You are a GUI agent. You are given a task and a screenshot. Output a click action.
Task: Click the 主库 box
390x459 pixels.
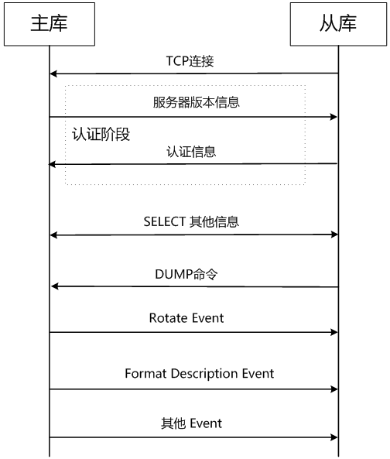(50, 24)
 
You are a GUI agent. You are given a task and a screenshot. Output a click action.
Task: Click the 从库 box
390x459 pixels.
(338, 24)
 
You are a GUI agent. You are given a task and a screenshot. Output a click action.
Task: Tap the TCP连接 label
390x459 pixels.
(190, 61)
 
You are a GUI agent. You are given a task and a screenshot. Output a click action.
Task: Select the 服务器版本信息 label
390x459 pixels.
(196, 102)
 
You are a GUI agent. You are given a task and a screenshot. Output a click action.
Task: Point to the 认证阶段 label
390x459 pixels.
(101, 135)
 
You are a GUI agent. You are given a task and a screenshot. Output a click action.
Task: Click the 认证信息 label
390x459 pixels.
(191, 152)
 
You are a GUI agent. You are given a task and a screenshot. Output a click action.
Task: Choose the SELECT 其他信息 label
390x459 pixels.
(191, 222)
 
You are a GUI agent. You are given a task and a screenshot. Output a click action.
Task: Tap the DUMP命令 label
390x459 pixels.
(186, 274)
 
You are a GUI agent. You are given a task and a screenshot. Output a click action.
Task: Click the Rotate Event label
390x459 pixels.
(186, 318)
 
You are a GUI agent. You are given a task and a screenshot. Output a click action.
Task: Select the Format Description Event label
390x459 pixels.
(199, 374)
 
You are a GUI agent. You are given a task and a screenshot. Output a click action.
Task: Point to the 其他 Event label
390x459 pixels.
(191, 423)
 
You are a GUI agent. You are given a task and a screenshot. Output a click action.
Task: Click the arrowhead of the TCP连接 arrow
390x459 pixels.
(53, 74)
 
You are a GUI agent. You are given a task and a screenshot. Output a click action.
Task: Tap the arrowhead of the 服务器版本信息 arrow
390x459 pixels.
(334, 117)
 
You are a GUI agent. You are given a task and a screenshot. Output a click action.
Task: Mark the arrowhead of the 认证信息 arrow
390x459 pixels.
(52, 165)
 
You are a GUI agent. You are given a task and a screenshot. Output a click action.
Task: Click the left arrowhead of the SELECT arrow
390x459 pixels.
(53, 235)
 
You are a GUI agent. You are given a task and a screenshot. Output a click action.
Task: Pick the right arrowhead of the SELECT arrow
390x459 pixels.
(334, 235)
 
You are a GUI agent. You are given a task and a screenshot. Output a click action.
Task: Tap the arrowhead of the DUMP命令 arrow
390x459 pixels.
(55, 286)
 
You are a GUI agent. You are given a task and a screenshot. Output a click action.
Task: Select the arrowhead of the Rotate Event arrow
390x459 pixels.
(334, 332)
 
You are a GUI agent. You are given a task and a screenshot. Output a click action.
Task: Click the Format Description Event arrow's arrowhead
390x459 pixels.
(334, 389)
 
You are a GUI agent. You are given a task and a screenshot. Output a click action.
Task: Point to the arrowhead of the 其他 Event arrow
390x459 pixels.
(334, 437)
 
